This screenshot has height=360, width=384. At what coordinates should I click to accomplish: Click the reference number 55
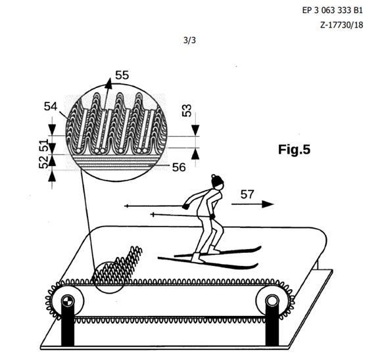[122, 75]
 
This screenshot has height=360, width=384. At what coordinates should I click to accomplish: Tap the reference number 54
[51, 106]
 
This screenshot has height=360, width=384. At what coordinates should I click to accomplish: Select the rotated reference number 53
[187, 110]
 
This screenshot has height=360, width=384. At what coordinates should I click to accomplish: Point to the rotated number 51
[44, 145]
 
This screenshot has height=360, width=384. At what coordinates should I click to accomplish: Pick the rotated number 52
[43, 162]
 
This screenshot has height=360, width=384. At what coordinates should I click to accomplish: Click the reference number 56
[179, 168]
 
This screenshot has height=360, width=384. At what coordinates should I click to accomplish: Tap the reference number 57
[247, 194]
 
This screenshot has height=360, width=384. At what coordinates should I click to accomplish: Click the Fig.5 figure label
[294, 149]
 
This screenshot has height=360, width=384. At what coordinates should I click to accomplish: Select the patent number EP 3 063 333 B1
[332, 11]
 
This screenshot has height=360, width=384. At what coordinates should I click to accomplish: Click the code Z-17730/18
[342, 25]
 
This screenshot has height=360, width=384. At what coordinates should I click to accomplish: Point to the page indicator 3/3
[189, 40]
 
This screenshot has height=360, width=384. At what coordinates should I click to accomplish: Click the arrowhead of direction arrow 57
[268, 204]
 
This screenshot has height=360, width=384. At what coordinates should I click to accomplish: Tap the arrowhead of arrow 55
[108, 83]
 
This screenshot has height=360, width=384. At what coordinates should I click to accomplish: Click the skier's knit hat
[217, 181]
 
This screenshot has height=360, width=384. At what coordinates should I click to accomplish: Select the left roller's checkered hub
[67, 301]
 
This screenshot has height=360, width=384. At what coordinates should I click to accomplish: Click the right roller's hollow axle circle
[272, 301]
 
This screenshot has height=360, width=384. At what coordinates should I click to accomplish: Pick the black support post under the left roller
[67, 326]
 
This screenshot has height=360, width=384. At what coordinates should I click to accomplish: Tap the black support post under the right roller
[272, 325]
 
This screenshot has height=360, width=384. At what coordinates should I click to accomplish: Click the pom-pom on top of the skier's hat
[214, 176]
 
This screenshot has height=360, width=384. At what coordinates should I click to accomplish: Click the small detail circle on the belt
[109, 277]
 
